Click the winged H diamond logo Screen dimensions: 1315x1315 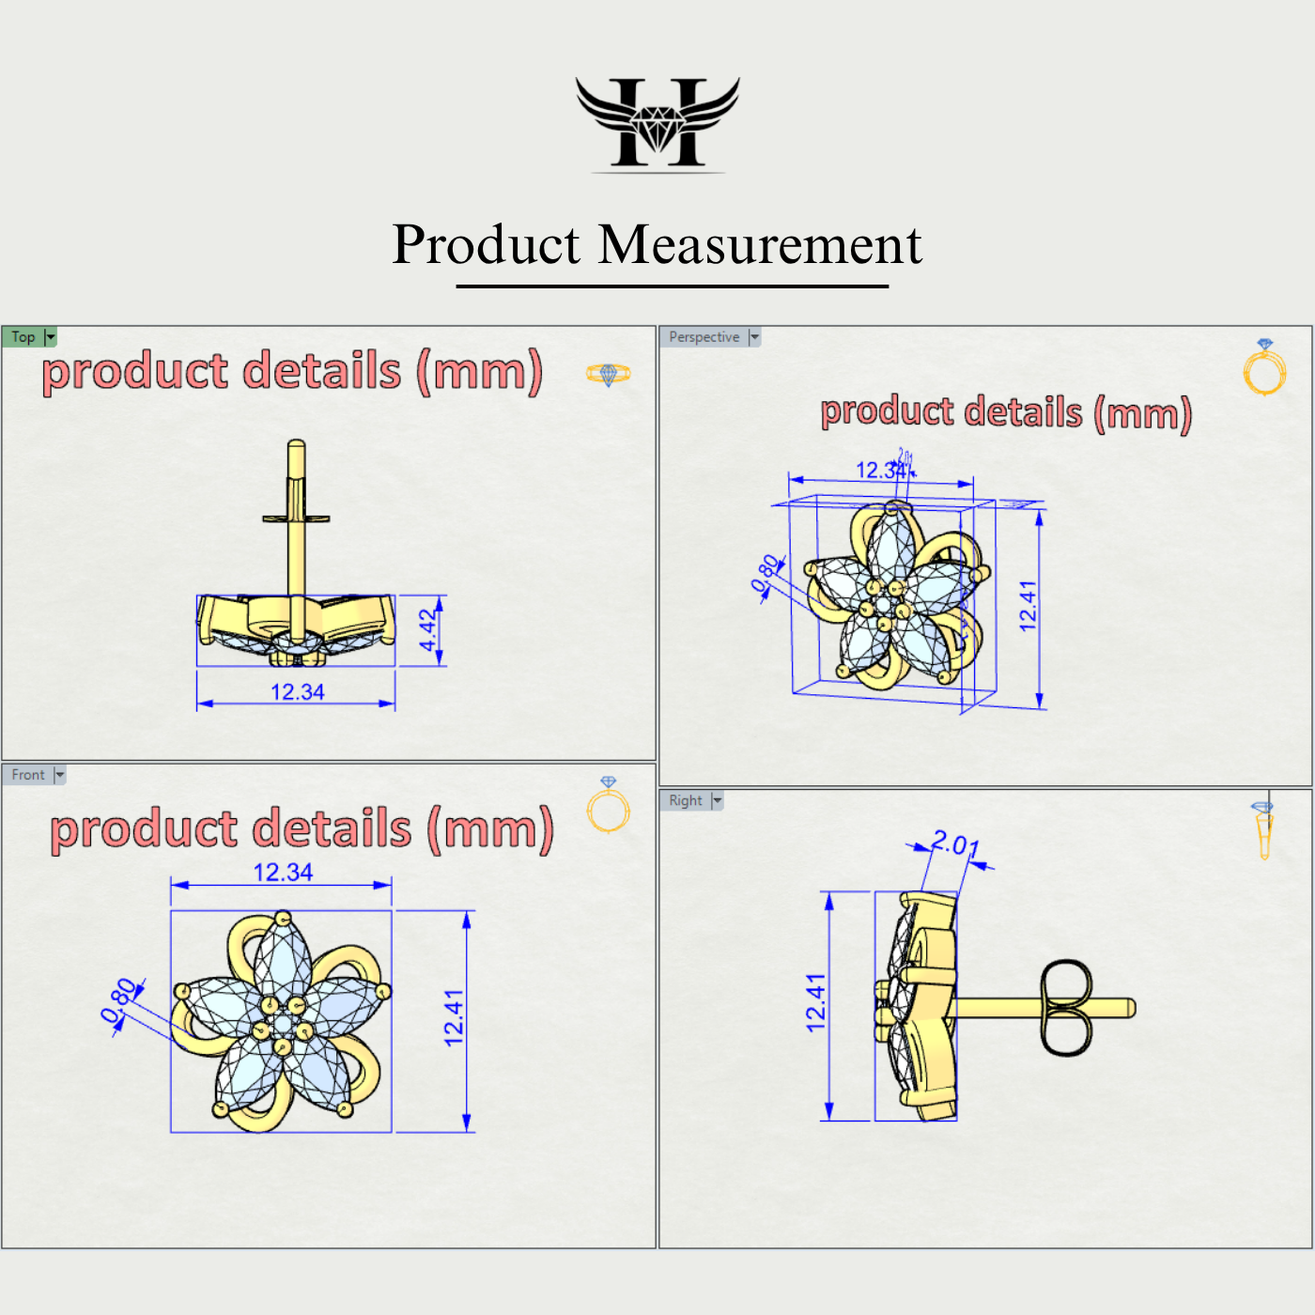(x=657, y=123)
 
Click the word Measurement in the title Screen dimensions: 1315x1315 (x=760, y=245)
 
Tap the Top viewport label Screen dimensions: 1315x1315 (x=23, y=337)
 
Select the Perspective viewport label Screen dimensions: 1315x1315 (x=704, y=337)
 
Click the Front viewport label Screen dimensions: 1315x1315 (x=28, y=775)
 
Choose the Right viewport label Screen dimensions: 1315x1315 (x=686, y=800)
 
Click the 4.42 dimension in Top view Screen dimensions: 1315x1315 (x=428, y=630)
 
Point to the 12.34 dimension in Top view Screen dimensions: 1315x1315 (x=297, y=692)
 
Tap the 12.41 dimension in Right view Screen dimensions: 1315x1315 (x=815, y=1003)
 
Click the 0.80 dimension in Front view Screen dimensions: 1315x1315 (x=120, y=999)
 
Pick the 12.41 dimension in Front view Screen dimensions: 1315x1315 (x=454, y=1018)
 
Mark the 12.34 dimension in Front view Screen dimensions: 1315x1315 (x=283, y=873)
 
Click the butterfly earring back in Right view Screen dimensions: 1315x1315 (x=1066, y=1008)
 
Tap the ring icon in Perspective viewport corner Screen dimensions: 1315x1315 (x=1264, y=367)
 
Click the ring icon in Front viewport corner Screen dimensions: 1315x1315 (x=609, y=805)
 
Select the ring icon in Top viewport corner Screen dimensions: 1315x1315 (x=609, y=374)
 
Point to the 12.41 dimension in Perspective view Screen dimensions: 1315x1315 (x=1028, y=606)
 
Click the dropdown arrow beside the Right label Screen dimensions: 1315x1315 (x=718, y=800)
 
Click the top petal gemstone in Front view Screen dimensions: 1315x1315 (x=284, y=958)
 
